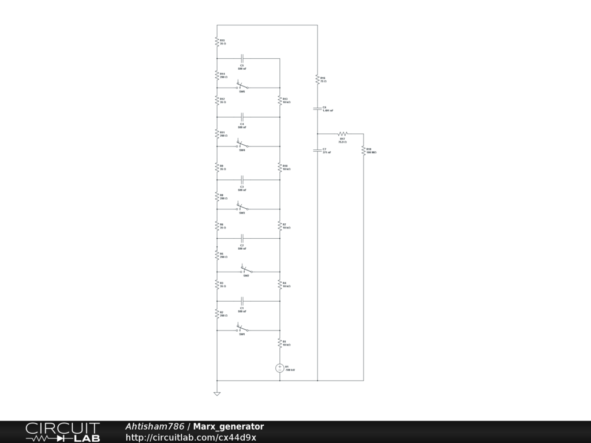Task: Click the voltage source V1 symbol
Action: (280, 368)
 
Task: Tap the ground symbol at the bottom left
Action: (217, 394)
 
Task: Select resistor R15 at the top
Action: (217, 42)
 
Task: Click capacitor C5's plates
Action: (242, 58)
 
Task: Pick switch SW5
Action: (242, 87)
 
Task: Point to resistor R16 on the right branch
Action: (317, 79)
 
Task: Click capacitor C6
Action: (317, 108)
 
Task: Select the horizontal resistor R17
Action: (342, 134)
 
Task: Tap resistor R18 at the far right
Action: (364, 151)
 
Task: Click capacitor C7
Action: (317, 150)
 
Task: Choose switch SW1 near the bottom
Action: (242, 330)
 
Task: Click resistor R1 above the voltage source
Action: (280, 343)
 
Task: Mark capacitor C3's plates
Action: (242, 179)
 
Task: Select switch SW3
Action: (242, 208)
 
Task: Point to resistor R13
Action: (280, 100)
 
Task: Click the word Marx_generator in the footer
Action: (229, 427)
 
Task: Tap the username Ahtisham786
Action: (155, 427)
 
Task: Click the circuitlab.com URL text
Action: (191, 437)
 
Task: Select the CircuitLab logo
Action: (62, 432)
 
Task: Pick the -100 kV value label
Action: (291, 370)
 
